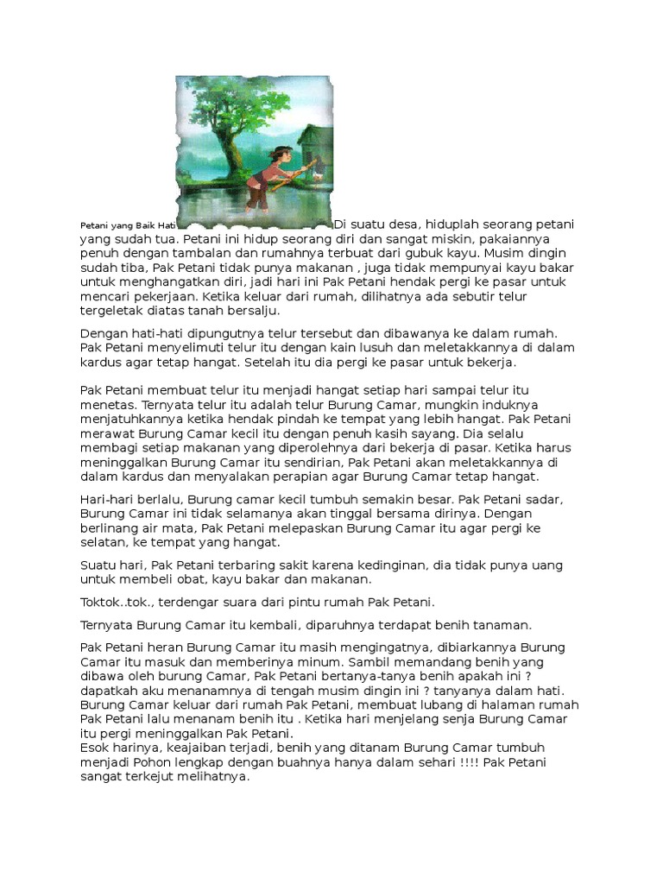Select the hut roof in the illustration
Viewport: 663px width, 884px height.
[x=316, y=138]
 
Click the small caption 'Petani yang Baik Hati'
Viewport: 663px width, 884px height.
[x=128, y=224]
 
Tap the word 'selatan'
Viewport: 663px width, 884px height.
[x=104, y=542]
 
